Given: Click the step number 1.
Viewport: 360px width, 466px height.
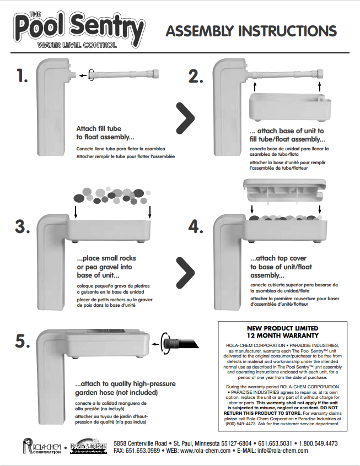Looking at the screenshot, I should tap(22, 77).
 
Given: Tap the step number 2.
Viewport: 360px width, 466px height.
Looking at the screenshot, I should tap(196, 77).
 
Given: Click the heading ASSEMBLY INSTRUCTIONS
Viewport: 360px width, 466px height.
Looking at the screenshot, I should tap(251, 30).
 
